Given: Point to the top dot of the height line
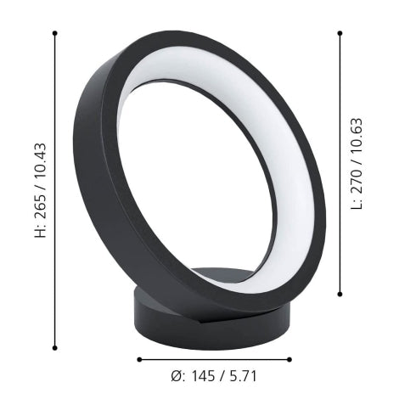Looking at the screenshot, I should (x=54, y=33).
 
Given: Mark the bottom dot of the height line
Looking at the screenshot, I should (x=54, y=346).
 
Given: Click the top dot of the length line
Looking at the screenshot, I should (x=340, y=33).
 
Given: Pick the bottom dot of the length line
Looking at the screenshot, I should (x=340, y=294).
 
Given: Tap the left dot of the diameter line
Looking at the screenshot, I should (x=138, y=359).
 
